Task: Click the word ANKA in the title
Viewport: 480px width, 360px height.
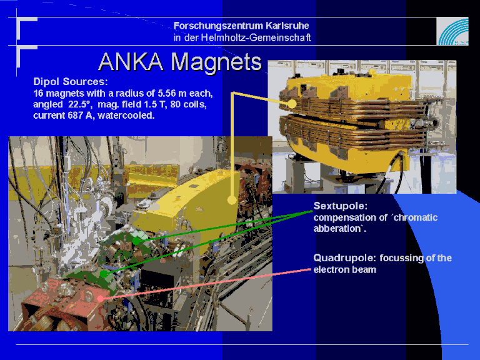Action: (x=131, y=61)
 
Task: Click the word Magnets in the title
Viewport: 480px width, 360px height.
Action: (x=216, y=63)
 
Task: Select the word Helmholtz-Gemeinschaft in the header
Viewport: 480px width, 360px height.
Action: (x=256, y=37)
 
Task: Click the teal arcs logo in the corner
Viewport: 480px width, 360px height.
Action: (x=452, y=31)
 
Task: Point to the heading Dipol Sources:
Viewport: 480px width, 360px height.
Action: (x=71, y=82)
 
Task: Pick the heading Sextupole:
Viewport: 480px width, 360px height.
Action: (x=340, y=206)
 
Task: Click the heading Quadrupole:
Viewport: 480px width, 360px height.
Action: (x=344, y=258)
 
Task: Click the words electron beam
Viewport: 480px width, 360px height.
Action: (x=345, y=270)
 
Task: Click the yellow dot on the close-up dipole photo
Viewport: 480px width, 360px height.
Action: (x=292, y=104)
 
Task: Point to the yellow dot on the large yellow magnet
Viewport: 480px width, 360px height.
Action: (x=232, y=200)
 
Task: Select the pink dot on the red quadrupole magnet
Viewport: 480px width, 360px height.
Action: (x=101, y=299)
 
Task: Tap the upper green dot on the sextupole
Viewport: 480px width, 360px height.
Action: (x=136, y=241)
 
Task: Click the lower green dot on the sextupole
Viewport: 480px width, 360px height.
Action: (x=104, y=274)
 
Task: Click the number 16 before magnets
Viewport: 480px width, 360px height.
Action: (x=37, y=93)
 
